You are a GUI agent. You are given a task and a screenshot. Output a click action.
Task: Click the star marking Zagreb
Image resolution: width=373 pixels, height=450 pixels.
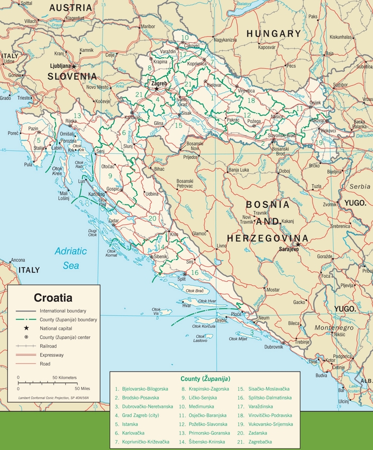(x=157, y=88)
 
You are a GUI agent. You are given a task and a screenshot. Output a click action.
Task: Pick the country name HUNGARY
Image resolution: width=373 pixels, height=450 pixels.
(x=273, y=34)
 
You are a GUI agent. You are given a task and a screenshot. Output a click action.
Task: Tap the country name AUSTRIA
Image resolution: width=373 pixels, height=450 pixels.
(x=71, y=8)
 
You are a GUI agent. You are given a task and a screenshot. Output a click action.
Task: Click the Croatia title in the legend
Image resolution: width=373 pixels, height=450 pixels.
(x=53, y=297)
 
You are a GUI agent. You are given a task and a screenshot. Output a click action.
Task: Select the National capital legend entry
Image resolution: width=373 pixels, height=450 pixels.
(x=56, y=328)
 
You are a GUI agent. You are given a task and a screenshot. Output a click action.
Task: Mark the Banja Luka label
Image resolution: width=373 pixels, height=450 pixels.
(x=240, y=170)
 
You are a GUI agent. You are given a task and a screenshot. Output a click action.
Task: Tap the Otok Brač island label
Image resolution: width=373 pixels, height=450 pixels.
(x=195, y=291)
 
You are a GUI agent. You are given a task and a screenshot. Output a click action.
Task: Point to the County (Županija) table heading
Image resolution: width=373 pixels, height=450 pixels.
(x=205, y=378)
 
